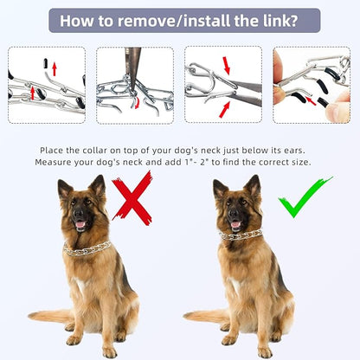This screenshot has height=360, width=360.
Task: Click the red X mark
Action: pyautogui.click(x=132, y=198)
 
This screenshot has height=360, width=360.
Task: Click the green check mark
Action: pyautogui.click(x=304, y=197)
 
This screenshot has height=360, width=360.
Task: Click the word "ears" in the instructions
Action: pyautogui.click(x=294, y=148)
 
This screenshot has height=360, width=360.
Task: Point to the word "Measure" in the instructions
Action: pyautogui.click(x=57, y=162)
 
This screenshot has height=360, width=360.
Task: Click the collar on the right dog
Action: pyautogui.click(x=240, y=235)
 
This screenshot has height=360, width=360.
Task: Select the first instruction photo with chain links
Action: pyautogui.click(x=47, y=84)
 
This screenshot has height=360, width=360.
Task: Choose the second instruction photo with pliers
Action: pyautogui.click(x=135, y=84)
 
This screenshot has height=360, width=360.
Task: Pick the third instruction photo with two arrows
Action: pyautogui.click(x=223, y=84)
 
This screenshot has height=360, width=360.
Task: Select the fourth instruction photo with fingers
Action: pyautogui.click(x=312, y=84)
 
